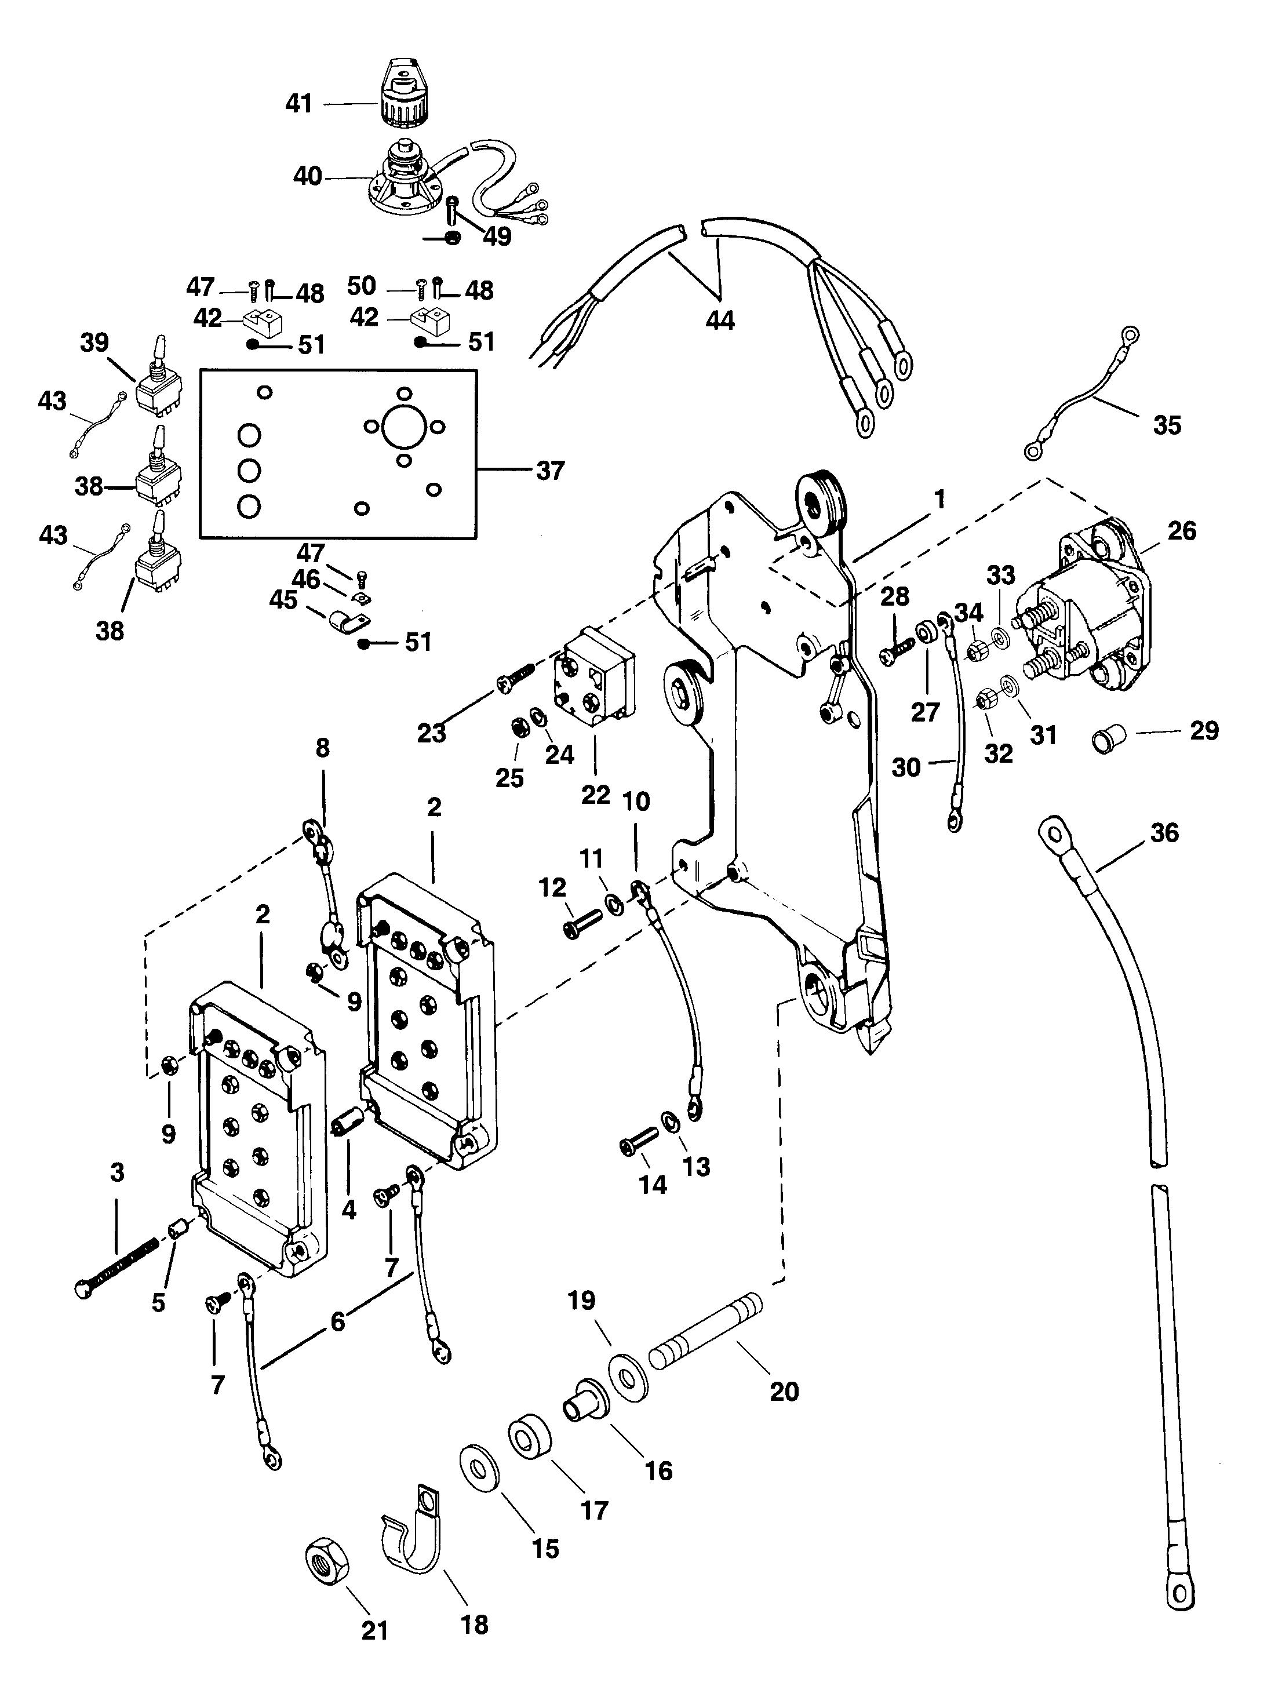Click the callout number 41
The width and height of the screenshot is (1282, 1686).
pos(298,103)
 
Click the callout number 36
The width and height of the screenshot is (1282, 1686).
pos(1164,832)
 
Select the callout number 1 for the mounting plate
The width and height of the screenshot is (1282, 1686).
pos(939,500)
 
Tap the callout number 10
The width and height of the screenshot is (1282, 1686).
pos(636,801)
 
